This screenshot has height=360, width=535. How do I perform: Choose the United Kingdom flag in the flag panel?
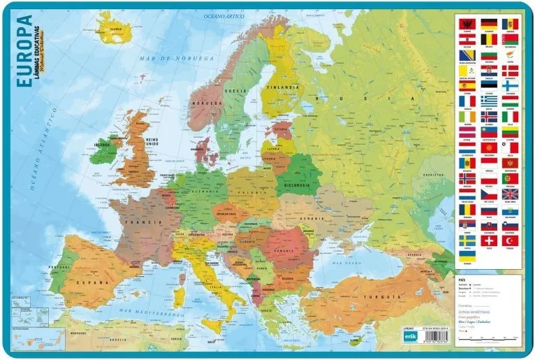click(511, 194)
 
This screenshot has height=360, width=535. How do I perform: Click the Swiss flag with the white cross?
click(489, 240)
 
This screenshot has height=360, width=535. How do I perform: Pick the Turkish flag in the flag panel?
click(511, 240)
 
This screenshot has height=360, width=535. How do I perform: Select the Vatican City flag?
click(467, 71)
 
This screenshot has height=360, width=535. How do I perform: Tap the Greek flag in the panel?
click(489, 101)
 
